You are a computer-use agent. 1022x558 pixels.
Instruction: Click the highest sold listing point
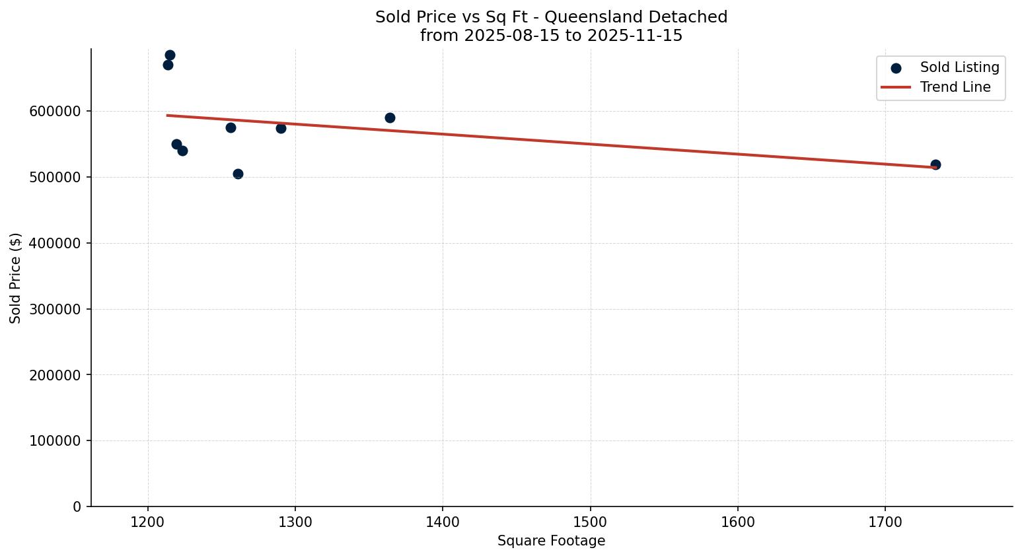170,55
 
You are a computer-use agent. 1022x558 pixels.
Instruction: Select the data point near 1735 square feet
935,164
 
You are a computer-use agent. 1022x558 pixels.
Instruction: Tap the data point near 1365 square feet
390,118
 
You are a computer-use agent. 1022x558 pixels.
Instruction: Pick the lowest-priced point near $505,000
238,174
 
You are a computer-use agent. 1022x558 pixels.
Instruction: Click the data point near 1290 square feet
281,128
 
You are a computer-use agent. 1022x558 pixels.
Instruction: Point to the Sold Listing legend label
959,67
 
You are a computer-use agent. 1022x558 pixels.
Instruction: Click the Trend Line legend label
955,87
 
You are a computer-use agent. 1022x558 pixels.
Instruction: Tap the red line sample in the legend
896,87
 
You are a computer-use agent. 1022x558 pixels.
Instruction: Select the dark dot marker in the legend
896,68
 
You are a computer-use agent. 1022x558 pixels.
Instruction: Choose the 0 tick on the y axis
77,506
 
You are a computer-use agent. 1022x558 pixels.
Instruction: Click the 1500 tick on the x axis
590,522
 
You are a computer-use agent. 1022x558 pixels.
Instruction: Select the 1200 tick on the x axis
148,522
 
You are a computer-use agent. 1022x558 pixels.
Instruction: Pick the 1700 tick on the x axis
885,522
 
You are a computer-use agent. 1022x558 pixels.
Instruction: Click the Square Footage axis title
551,541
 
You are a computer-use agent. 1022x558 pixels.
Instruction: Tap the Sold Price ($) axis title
16,278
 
